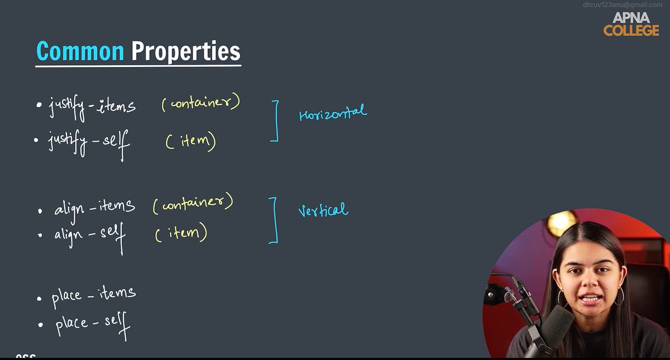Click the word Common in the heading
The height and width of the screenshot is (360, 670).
pyautogui.click(x=80, y=51)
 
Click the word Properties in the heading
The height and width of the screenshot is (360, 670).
pyautogui.click(x=186, y=52)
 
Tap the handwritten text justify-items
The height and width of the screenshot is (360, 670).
pyautogui.click(x=92, y=106)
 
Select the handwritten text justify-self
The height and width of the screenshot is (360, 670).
pyautogui.click(x=89, y=142)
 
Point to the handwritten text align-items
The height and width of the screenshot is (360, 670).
pyautogui.click(x=94, y=208)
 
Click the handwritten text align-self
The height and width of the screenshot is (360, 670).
pyautogui.click(x=90, y=234)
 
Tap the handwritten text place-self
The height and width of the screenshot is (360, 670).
pyautogui.click(x=92, y=324)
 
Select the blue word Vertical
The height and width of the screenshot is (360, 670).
pyautogui.click(x=323, y=210)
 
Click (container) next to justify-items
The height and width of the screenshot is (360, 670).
pyautogui.click(x=200, y=103)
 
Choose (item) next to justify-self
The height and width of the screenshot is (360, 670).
pyautogui.click(x=190, y=141)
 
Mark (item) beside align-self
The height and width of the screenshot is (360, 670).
pyautogui.click(x=181, y=233)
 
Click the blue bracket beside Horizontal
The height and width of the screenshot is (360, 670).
pyautogui.click(x=275, y=121)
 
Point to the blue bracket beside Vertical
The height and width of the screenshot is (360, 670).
pyautogui.click(x=274, y=220)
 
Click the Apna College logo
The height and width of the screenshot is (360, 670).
pyautogui.click(x=631, y=25)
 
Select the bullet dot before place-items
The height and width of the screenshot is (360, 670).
pyautogui.click(x=39, y=299)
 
